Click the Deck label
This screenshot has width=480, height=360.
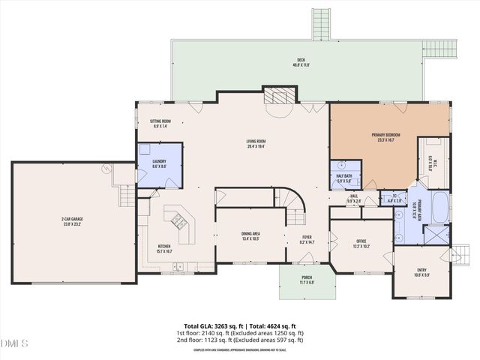[301, 62]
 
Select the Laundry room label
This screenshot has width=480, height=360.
[158, 163]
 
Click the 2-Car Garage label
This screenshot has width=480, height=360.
[73, 222]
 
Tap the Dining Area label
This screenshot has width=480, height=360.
[251, 237]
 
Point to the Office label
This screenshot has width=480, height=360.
[361, 243]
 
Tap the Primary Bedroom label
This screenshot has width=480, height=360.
[386, 137]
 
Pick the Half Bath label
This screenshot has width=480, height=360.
[344, 178]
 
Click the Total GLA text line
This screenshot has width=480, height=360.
[239, 325]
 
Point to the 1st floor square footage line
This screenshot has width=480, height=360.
[239, 332]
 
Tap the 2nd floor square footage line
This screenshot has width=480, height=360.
[239, 340]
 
